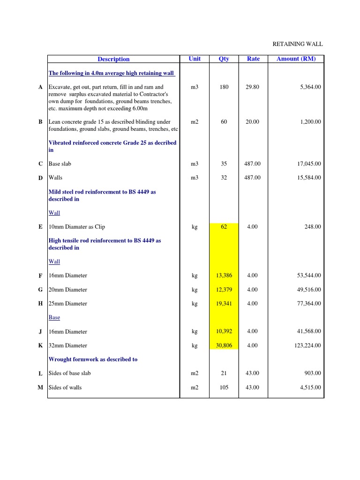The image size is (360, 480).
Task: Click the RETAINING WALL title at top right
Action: point(298,44)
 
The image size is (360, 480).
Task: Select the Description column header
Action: point(113,59)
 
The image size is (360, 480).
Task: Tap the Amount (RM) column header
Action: point(296,59)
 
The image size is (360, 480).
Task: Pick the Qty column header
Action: point(224,59)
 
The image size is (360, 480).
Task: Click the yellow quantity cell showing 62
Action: point(224,227)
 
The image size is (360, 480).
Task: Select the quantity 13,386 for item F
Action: point(224,276)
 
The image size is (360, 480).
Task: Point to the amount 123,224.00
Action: point(305,345)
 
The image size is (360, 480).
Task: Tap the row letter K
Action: point(41,345)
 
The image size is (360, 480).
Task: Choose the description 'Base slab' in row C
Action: point(60,164)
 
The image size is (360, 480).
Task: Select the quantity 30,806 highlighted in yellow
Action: point(224,345)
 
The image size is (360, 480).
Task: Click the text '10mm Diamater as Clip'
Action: point(77,227)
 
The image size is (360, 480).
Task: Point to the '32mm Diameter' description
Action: point(68,345)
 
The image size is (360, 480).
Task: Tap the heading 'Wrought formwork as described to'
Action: point(93,360)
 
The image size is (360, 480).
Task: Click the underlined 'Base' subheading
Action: point(54,317)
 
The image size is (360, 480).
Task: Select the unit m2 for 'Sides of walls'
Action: point(195,388)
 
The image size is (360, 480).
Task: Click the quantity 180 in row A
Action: point(224,87)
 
